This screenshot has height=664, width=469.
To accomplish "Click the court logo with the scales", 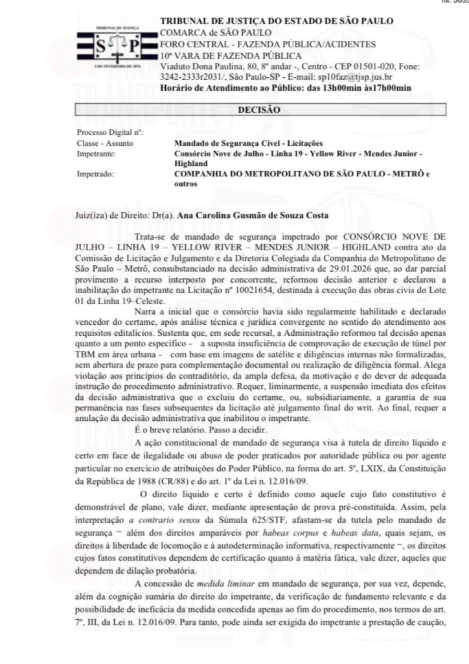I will coord(117,46).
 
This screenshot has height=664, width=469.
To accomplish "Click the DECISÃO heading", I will coord(258,110).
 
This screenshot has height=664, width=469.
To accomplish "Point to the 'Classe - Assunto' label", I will coord(102,143).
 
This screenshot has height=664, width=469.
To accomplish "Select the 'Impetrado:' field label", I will coord(95,174).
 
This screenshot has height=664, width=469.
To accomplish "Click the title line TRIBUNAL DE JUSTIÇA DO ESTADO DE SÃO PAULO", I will coord(276,21).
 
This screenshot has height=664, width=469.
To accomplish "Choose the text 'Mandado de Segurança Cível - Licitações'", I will coord(249,143).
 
